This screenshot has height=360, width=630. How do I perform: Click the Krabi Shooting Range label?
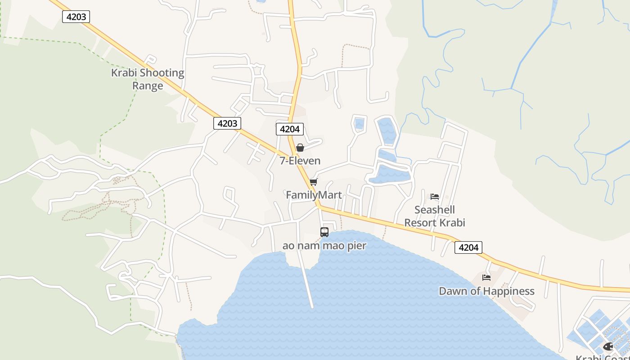tap(148, 79)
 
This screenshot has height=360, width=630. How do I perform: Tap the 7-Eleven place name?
tap(300, 161)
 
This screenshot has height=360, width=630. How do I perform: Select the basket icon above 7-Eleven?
tap(300, 148)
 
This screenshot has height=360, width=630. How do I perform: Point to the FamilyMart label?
tap(314, 195)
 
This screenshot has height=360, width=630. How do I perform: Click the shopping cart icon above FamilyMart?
tap(314, 182)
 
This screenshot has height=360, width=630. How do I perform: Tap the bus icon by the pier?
tap(324, 232)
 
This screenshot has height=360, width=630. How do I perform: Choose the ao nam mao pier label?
tap(324, 246)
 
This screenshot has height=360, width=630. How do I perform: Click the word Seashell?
tap(434, 210)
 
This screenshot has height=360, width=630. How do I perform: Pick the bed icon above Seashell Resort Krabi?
tap(435, 196)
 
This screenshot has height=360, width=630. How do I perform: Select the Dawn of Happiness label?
tap(486, 291)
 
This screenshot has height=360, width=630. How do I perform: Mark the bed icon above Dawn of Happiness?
tap(486, 277)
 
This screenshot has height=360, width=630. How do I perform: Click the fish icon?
tap(608, 346)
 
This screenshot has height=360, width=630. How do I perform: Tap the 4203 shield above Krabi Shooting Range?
tap(76, 17)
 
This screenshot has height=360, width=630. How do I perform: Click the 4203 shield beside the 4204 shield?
tap(227, 123)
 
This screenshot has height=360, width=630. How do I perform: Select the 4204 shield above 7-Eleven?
tap(290, 129)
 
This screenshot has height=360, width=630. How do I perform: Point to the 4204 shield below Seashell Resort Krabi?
tap(468, 247)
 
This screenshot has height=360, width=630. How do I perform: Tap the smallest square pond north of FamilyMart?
tap(359, 123)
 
